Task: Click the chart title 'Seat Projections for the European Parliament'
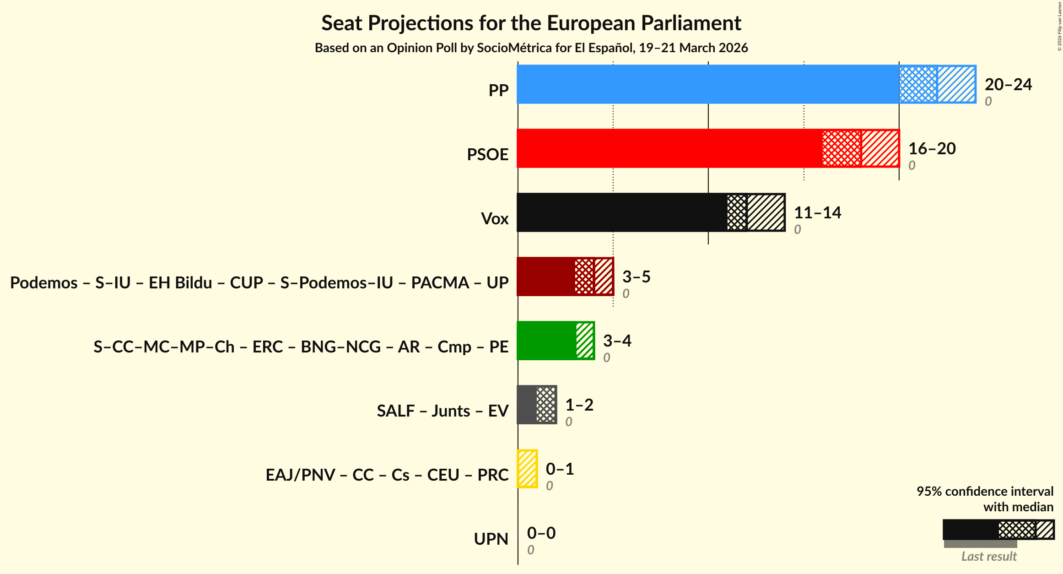(x=531, y=23)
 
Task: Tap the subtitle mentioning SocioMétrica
(x=531, y=48)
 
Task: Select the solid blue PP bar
(x=707, y=84)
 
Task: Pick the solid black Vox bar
(x=621, y=212)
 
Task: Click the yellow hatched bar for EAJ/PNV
(x=527, y=469)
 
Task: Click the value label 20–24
(x=1008, y=85)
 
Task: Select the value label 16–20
(x=932, y=149)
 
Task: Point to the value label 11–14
(x=817, y=213)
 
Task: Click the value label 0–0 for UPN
(x=541, y=533)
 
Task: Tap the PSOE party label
(x=487, y=155)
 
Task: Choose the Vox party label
(x=494, y=219)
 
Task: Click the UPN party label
(x=491, y=539)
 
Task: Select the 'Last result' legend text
(x=988, y=557)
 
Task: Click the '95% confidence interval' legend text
(x=985, y=492)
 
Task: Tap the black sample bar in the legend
(x=970, y=530)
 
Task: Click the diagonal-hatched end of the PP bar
(x=956, y=84)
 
